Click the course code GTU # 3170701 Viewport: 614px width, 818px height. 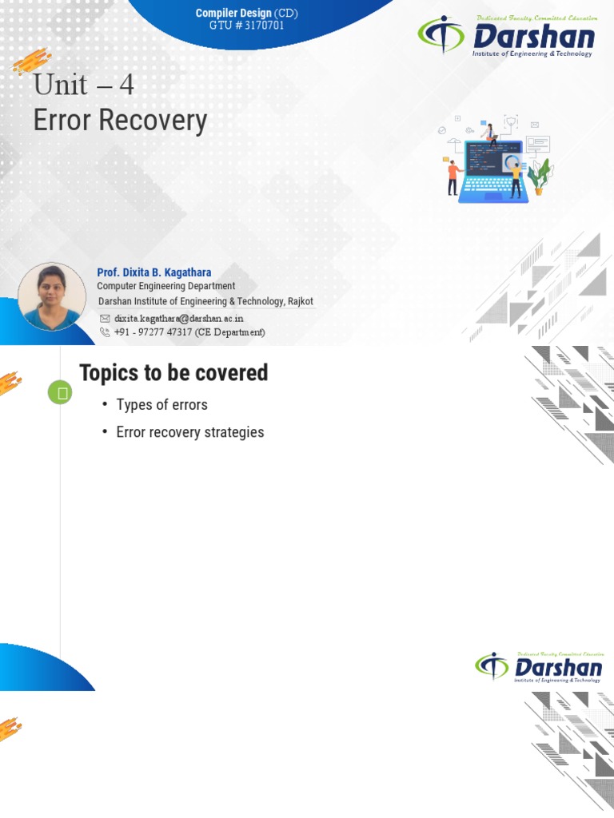pos(246,26)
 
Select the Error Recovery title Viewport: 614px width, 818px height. pos(120,121)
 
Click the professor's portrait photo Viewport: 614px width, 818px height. pos(52,296)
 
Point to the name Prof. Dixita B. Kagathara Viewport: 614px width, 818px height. pos(154,272)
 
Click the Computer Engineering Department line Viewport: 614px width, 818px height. pos(165,286)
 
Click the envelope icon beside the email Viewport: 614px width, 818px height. pos(105,318)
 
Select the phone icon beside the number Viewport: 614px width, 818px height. pos(105,332)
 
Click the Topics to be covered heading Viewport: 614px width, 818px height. pos(173,373)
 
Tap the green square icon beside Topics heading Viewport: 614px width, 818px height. pos(60,392)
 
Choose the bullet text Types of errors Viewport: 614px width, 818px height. pos(161,405)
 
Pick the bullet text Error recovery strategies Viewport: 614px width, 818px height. pos(189,432)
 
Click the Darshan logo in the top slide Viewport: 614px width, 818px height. pos(507,37)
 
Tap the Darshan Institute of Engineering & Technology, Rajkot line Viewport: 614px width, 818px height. pos(205,301)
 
